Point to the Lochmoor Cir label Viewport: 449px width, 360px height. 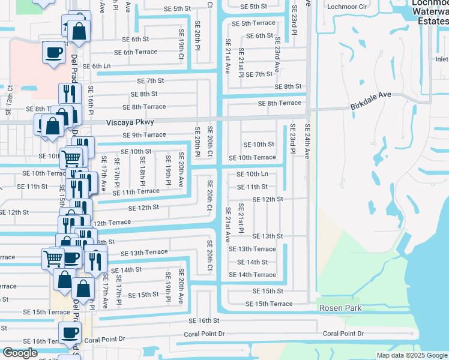(x=346, y=7)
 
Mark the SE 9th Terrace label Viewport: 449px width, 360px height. (x=144, y=135)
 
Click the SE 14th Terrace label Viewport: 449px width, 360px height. (x=252, y=275)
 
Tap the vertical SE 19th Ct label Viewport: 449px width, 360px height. (x=181, y=46)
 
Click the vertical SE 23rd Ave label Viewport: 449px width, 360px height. (x=278, y=55)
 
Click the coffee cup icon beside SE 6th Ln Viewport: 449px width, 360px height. (x=53, y=53)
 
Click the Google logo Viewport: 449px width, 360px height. (x=20, y=353)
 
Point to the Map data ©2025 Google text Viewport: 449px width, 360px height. (x=412, y=355)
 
